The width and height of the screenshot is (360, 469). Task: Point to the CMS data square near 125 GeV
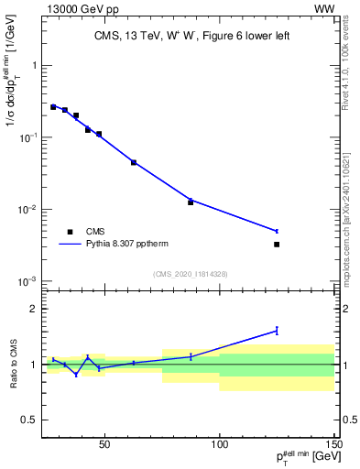[277, 244]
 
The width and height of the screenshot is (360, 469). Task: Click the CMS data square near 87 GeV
[191, 202]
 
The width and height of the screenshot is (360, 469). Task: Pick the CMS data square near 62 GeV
[134, 162]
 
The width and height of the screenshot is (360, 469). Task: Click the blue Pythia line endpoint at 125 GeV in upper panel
[277, 231]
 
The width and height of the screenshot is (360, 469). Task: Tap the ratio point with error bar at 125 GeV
[277, 331]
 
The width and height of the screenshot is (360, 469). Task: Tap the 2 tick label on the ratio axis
[34, 309]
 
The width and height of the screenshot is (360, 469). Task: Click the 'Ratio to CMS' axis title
[12, 365]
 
